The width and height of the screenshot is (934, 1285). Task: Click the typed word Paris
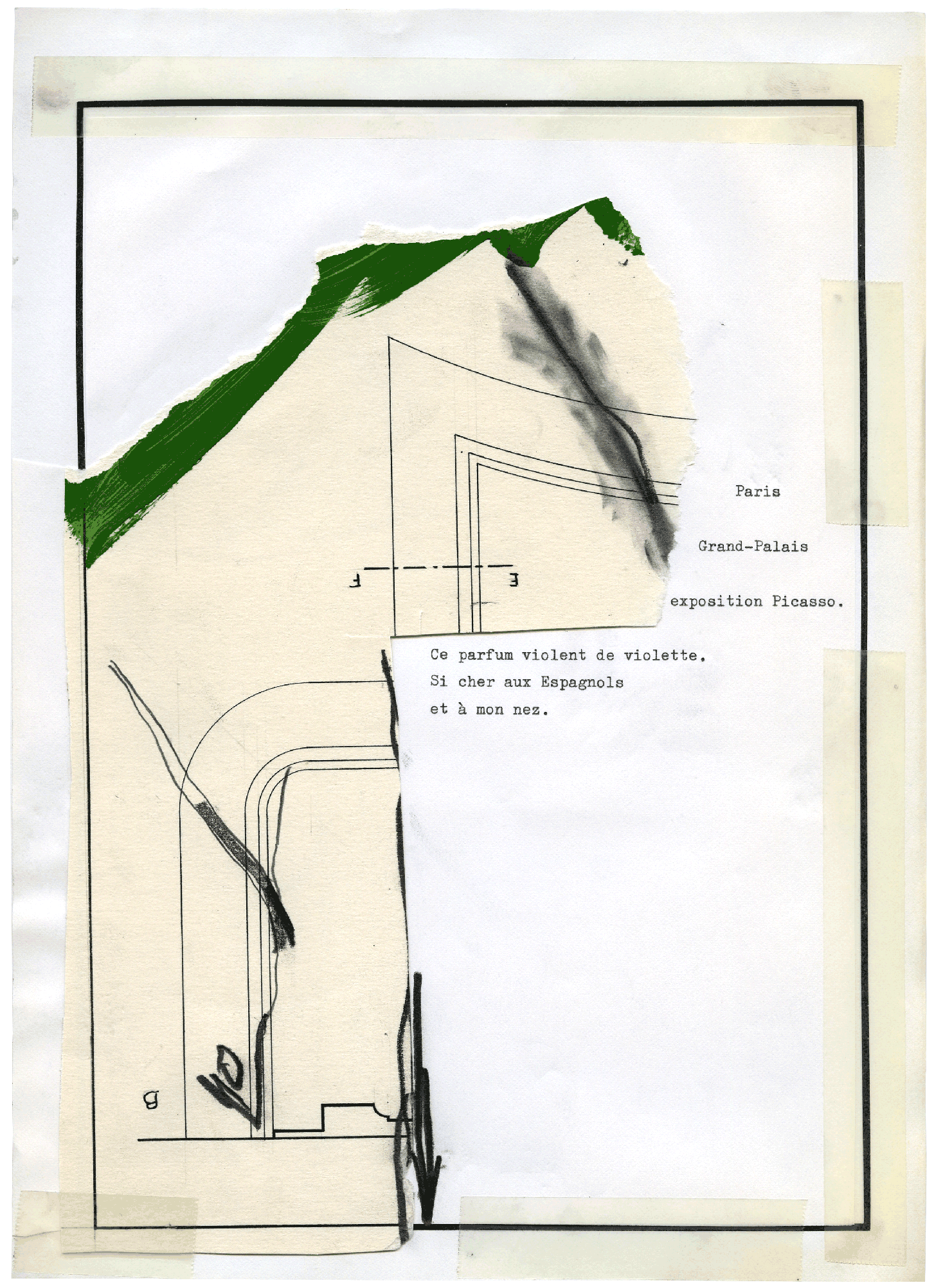click(x=757, y=492)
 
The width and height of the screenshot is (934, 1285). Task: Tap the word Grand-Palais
click(x=753, y=546)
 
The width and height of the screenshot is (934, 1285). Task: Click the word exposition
click(x=716, y=602)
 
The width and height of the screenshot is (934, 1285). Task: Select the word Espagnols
click(x=582, y=682)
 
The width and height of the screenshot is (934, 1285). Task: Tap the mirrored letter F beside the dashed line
click(x=354, y=582)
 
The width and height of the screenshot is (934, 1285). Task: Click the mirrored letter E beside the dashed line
click(x=513, y=580)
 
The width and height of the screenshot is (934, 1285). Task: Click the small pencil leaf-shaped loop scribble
click(x=229, y=1067)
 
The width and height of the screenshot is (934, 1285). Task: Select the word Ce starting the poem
click(x=439, y=655)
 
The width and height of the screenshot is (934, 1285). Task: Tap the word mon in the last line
click(x=489, y=711)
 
